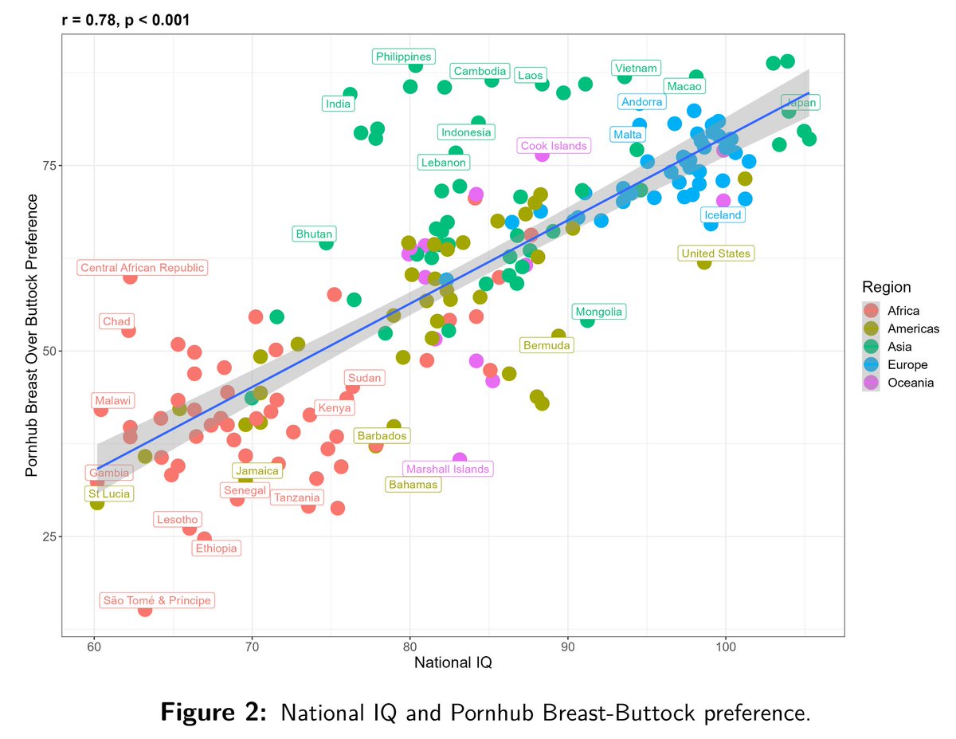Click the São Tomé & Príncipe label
157,600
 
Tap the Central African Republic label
143,268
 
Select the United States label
715,254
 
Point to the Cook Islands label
554,146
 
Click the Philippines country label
404,57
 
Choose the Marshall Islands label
448,469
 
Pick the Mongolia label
599,312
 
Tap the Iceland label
723,214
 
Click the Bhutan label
315,234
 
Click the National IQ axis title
453,662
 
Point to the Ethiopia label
216,548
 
